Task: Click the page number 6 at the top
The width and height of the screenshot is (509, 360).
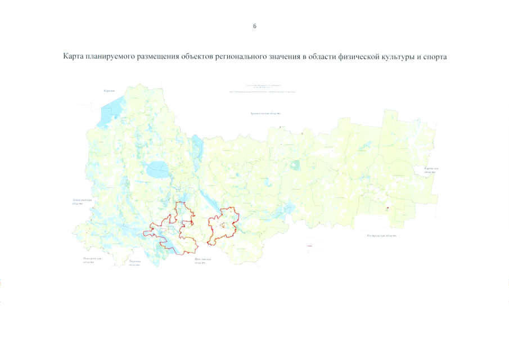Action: click(x=255, y=26)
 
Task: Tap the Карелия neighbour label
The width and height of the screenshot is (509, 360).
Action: click(x=113, y=91)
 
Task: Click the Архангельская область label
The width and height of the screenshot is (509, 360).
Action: click(x=265, y=114)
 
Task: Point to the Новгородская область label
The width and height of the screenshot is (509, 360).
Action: click(x=91, y=260)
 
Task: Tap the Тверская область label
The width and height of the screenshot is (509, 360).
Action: click(x=134, y=263)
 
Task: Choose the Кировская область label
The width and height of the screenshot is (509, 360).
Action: click(x=431, y=170)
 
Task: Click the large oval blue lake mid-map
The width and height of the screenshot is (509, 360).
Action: click(x=156, y=168)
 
